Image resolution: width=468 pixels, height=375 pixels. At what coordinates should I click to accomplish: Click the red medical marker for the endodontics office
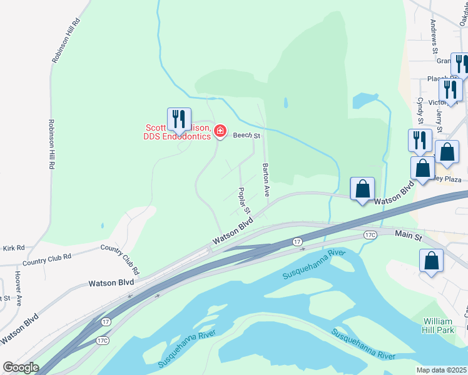[x=220, y=131]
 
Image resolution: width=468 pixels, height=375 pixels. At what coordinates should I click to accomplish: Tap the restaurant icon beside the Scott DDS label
[x=179, y=120]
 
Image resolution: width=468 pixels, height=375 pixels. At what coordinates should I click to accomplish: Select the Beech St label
[x=246, y=135]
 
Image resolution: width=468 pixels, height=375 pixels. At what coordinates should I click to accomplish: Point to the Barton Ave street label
[x=266, y=179]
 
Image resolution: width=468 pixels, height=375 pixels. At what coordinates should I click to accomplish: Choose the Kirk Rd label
[x=13, y=248]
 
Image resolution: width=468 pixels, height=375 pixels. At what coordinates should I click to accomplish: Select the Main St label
[x=409, y=235]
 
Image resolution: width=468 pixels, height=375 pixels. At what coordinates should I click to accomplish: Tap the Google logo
[x=21, y=367]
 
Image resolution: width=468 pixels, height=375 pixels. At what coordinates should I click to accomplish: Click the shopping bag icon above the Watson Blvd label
[x=362, y=188]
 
